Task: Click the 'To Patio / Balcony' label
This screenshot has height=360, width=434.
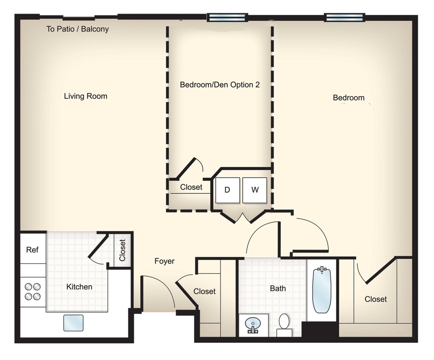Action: click(x=78, y=29)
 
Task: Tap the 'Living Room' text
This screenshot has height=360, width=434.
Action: click(x=86, y=96)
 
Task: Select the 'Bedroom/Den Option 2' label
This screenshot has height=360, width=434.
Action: click(x=220, y=84)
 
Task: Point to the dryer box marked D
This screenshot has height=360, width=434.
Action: click(x=227, y=190)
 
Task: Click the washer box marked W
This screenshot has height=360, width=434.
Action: click(x=255, y=190)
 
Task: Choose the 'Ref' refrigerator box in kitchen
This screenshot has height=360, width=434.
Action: click(x=32, y=250)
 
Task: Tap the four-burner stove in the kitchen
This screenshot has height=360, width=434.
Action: click(x=33, y=291)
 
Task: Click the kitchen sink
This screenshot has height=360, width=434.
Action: click(x=73, y=322)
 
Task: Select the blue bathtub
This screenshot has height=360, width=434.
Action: click(x=322, y=290)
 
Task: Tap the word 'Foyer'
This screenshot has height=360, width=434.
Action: click(x=164, y=261)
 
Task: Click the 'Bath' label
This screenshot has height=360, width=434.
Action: click(x=278, y=288)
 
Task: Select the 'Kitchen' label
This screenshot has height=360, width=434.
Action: click(x=79, y=287)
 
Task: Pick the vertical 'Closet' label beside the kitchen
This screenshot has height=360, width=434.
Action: click(x=122, y=250)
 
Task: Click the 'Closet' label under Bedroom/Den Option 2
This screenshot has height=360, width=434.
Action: click(x=191, y=187)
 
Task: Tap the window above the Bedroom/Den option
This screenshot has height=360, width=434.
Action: click(x=227, y=17)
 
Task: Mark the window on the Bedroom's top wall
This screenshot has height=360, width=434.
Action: click(x=344, y=17)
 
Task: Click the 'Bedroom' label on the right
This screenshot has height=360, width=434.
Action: click(x=349, y=98)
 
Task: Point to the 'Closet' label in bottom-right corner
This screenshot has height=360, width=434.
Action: click(x=376, y=299)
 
